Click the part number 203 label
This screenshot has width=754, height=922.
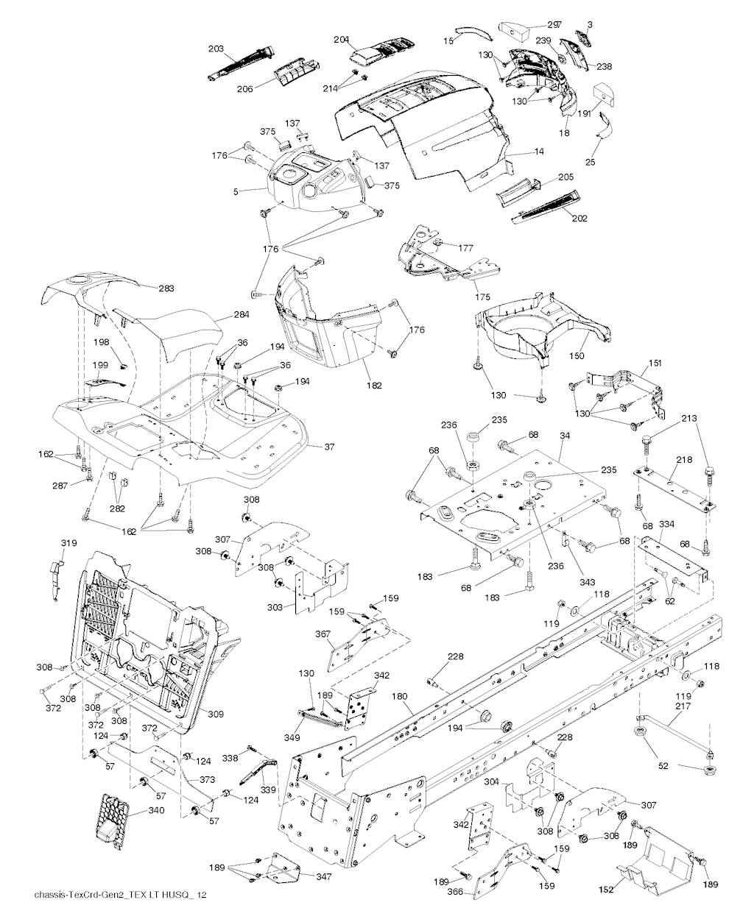click(x=216, y=49)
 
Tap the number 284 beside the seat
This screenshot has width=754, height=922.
click(x=241, y=314)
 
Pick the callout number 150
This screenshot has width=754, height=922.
click(x=577, y=356)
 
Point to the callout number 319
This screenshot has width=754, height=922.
click(x=68, y=543)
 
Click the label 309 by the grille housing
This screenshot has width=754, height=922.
click(x=216, y=714)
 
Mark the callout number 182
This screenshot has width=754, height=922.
click(x=373, y=385)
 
